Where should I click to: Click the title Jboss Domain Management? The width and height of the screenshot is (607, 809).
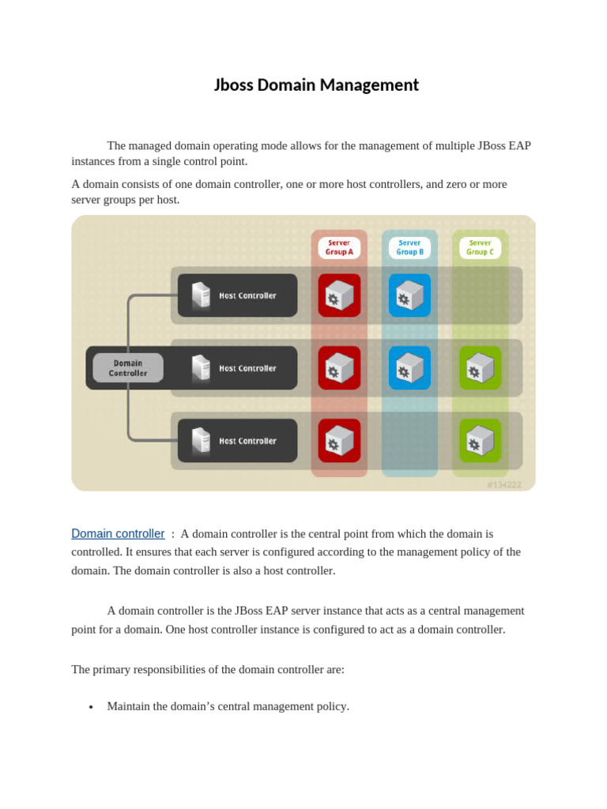coord(316,85)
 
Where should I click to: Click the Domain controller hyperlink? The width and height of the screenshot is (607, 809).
coord(118,534)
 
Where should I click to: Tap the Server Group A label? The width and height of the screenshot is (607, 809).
coord(339,247)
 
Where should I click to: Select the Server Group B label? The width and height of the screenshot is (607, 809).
coord(409,247)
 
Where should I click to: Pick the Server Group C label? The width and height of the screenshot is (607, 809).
coord(480,247)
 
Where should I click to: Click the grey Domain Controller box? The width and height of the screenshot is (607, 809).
coord(128,368)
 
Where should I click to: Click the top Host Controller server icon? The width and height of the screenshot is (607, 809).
coord(201,295)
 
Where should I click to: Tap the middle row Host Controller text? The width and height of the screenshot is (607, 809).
coord(247,368)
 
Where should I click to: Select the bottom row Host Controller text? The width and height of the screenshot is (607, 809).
coord(247,441)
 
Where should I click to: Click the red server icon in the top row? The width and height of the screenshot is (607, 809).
coord(339,295)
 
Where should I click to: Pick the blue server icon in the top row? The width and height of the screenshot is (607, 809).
coord(409,295)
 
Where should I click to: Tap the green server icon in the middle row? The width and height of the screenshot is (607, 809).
coord(480,368)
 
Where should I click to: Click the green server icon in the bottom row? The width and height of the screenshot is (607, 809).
coord(480,441)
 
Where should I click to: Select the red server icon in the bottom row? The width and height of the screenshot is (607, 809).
coord(339,441)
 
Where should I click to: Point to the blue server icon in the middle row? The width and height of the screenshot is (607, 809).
coord(409,368)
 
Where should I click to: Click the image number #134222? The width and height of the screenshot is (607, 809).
coord(503,484)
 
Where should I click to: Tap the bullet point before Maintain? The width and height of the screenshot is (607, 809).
coord(92,707)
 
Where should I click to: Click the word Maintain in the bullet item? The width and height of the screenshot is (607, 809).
coord(130,706)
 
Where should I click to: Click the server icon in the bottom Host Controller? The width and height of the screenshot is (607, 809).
coord(201,441)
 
